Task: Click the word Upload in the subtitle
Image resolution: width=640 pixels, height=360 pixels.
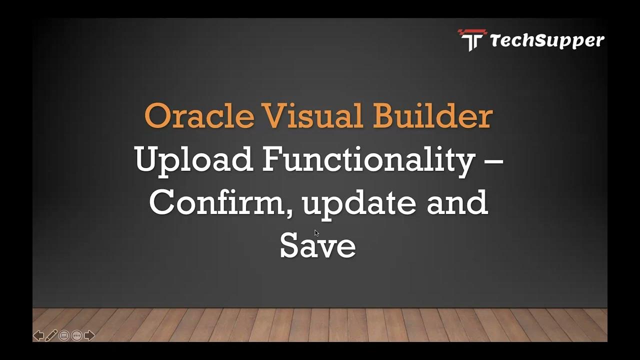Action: [x=193, y=160]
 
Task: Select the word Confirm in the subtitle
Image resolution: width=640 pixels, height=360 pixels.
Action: [x=218, y=202]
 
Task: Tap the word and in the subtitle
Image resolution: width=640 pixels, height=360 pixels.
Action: [x=457, y=202]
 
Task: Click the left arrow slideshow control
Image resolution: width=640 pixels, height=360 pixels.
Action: [x=38, y=335]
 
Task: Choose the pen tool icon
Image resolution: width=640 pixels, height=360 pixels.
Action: [x=51, y=335]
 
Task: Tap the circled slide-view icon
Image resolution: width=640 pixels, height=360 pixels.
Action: [x=64, y=335]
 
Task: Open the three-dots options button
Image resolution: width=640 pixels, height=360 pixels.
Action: [x=76, y=335]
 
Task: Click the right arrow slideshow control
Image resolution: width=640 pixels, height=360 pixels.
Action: [x=89, y=335]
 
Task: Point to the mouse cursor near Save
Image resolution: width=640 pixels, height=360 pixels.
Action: [x=316, y=233]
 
